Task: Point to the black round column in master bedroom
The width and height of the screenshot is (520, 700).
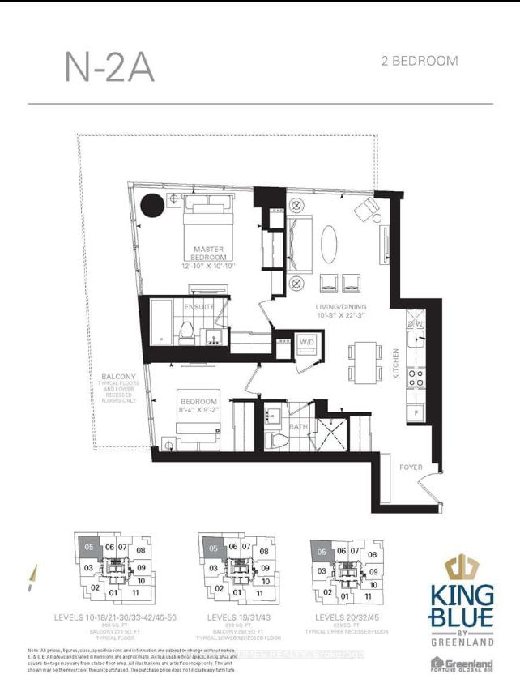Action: coord(151,206)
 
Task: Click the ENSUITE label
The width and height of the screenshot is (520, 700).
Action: coord(198,308)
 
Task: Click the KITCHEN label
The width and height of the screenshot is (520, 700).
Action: coord(395,365)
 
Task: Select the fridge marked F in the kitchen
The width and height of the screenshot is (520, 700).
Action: coord(416,413)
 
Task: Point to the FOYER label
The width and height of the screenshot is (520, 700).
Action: coord(411,467)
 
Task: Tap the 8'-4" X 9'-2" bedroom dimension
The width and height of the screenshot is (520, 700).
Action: coord(198,411)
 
